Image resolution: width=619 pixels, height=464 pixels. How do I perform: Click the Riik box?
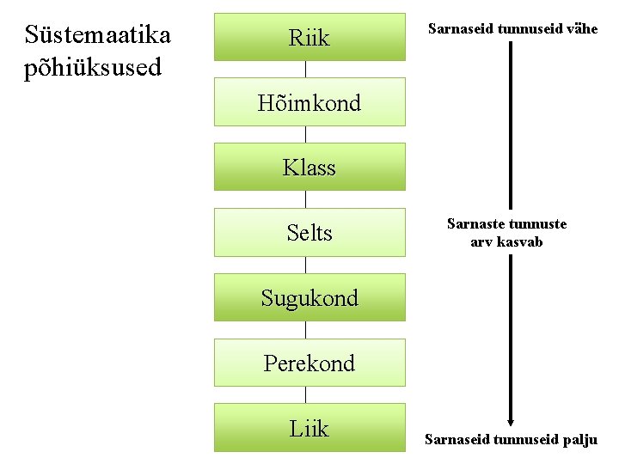(309, 37)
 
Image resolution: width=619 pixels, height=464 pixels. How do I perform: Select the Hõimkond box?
(309, 102)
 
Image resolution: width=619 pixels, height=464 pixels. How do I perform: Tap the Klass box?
(309, 167)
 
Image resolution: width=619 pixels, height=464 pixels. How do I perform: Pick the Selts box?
(309, 232)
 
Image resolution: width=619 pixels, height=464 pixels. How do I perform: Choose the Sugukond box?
(309, 297)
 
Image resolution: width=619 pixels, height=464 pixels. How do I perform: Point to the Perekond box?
(309, 363)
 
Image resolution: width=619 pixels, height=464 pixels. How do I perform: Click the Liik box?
(309, 427)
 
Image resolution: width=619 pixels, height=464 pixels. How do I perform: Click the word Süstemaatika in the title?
(98, 34)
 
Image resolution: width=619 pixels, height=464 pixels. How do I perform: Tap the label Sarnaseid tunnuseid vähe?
(513, 29)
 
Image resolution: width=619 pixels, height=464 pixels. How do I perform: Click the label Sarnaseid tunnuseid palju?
(511, 440)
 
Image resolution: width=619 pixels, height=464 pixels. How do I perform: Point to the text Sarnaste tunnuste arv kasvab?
(506, 233)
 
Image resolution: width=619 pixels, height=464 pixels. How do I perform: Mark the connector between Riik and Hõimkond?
(307, 69)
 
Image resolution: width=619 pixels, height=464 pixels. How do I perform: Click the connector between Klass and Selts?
(307, 199)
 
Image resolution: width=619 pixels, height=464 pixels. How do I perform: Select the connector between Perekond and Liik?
(307, 395)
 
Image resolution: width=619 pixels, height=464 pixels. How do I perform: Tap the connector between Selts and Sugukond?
(307, 265)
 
